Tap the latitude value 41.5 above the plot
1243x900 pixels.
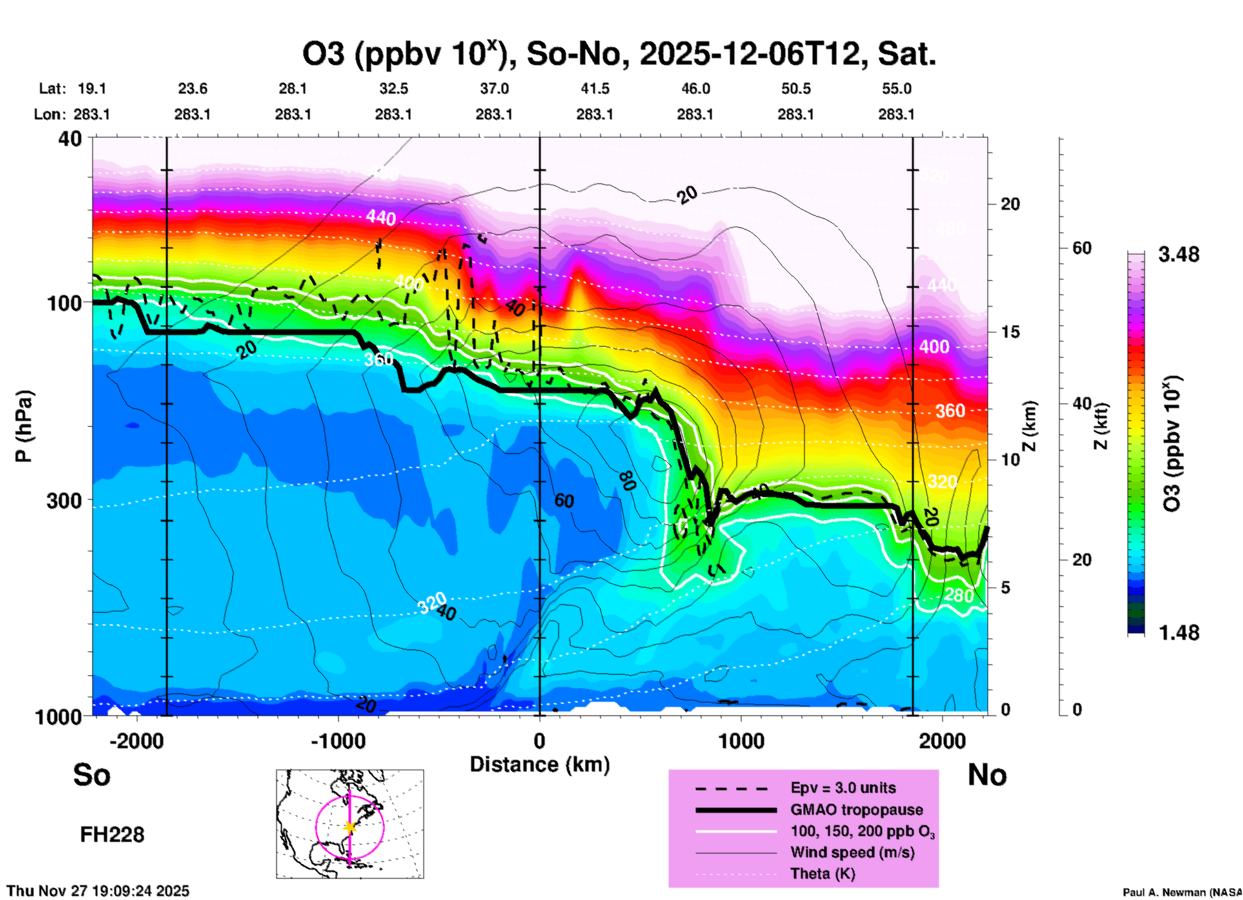(594, 88)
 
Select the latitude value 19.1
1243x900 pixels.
(92, 88)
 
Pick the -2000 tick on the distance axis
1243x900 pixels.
(137, 741)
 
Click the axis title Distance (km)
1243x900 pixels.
(540, 764)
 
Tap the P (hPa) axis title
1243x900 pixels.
(24, 426)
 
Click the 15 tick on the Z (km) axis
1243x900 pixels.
(1009, 332)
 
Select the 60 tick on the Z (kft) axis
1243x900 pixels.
(1082, 248)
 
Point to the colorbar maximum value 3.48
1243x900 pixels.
(1178, 255)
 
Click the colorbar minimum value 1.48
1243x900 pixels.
(1178, 632)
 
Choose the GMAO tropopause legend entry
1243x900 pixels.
(856, 810)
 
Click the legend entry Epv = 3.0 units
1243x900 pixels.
(843, 788)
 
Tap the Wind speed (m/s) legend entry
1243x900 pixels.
(852, 852)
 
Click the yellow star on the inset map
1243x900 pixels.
(350, 827)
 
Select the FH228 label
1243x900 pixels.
(112, 835)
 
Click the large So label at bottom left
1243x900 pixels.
(92, 775)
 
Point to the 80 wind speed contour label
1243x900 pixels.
(625, 481)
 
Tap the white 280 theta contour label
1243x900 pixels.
(958, 595)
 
